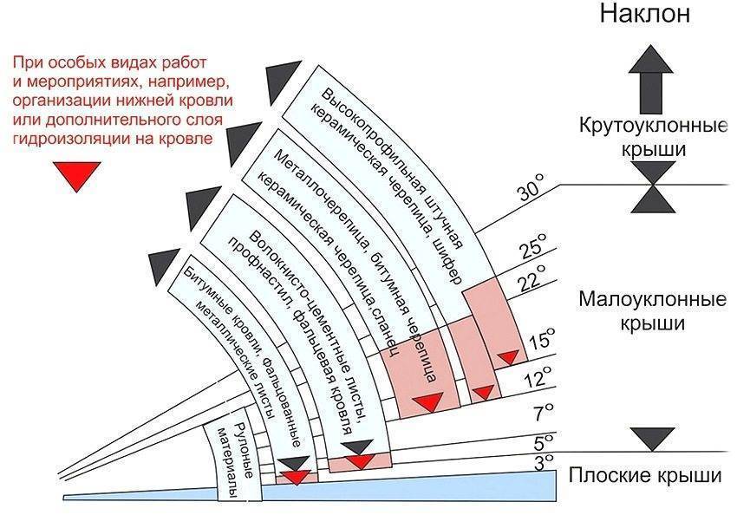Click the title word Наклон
(644, 13)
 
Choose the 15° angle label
(542, 339)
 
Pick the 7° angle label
(545, 413)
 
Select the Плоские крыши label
(645, 475)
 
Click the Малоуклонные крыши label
(652, 311)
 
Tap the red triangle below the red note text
(76, 175)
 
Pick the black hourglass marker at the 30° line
(654, 186)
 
